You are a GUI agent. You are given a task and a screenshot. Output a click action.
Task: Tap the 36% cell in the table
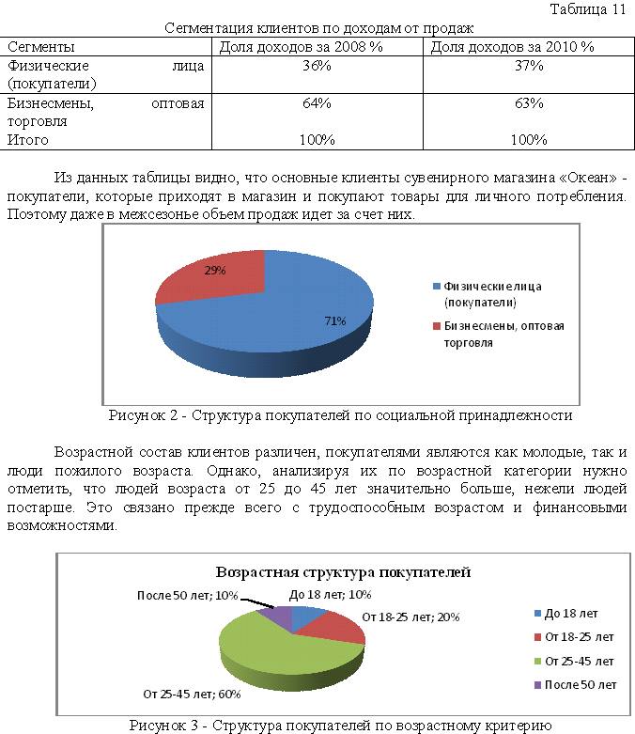point(316,66)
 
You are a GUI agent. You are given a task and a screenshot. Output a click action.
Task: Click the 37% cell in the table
point(529,66)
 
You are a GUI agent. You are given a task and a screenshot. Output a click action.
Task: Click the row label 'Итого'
point(27,140)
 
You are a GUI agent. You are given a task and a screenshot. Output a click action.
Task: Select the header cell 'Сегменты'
point(41,46)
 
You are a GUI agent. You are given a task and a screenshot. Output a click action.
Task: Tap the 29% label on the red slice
point(216,270)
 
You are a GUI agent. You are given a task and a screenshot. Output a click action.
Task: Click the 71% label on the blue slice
point(335,320)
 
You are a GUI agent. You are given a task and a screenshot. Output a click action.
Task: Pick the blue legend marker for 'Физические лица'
point(437,286)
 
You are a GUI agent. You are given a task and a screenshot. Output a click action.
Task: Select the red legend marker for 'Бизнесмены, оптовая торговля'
point(437,326)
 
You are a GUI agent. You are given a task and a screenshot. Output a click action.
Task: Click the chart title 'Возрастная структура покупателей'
point(343,571)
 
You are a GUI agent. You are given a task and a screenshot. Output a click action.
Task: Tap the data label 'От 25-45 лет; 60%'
point(193,695)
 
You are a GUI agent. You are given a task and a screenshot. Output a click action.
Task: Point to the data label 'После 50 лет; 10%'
point(186,595)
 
